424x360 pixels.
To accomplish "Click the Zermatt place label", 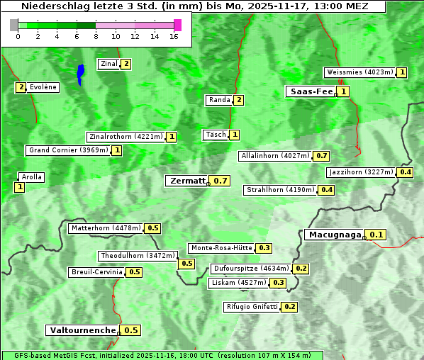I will (187, 181).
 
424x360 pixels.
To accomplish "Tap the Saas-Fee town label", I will (311, 91).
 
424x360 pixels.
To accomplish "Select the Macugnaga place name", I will (334, 235).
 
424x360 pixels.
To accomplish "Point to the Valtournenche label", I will (82, 330).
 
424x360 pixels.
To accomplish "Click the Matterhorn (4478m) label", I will (105, 228).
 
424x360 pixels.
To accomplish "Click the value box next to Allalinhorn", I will (322, 156).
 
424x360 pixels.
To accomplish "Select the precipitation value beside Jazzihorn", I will (406, 172).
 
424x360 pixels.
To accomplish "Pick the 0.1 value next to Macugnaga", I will (376, 235).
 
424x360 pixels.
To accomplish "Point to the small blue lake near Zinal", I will (80, 74).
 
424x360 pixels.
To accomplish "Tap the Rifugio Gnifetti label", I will (252, 307).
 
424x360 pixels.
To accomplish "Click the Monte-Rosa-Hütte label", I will (221, 248).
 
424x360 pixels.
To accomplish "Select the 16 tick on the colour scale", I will (174, 37).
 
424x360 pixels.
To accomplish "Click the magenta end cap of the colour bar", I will (177, 25).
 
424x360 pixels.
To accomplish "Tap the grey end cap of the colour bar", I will (14, 25).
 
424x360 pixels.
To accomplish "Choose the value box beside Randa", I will (239, 100).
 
